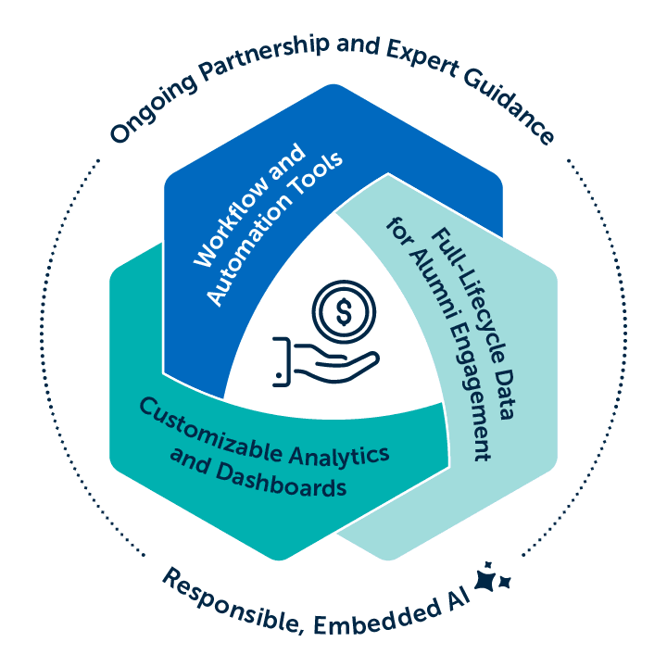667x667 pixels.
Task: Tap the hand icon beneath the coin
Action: tap(320, 363)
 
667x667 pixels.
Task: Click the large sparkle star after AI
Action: tap(485, 579)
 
